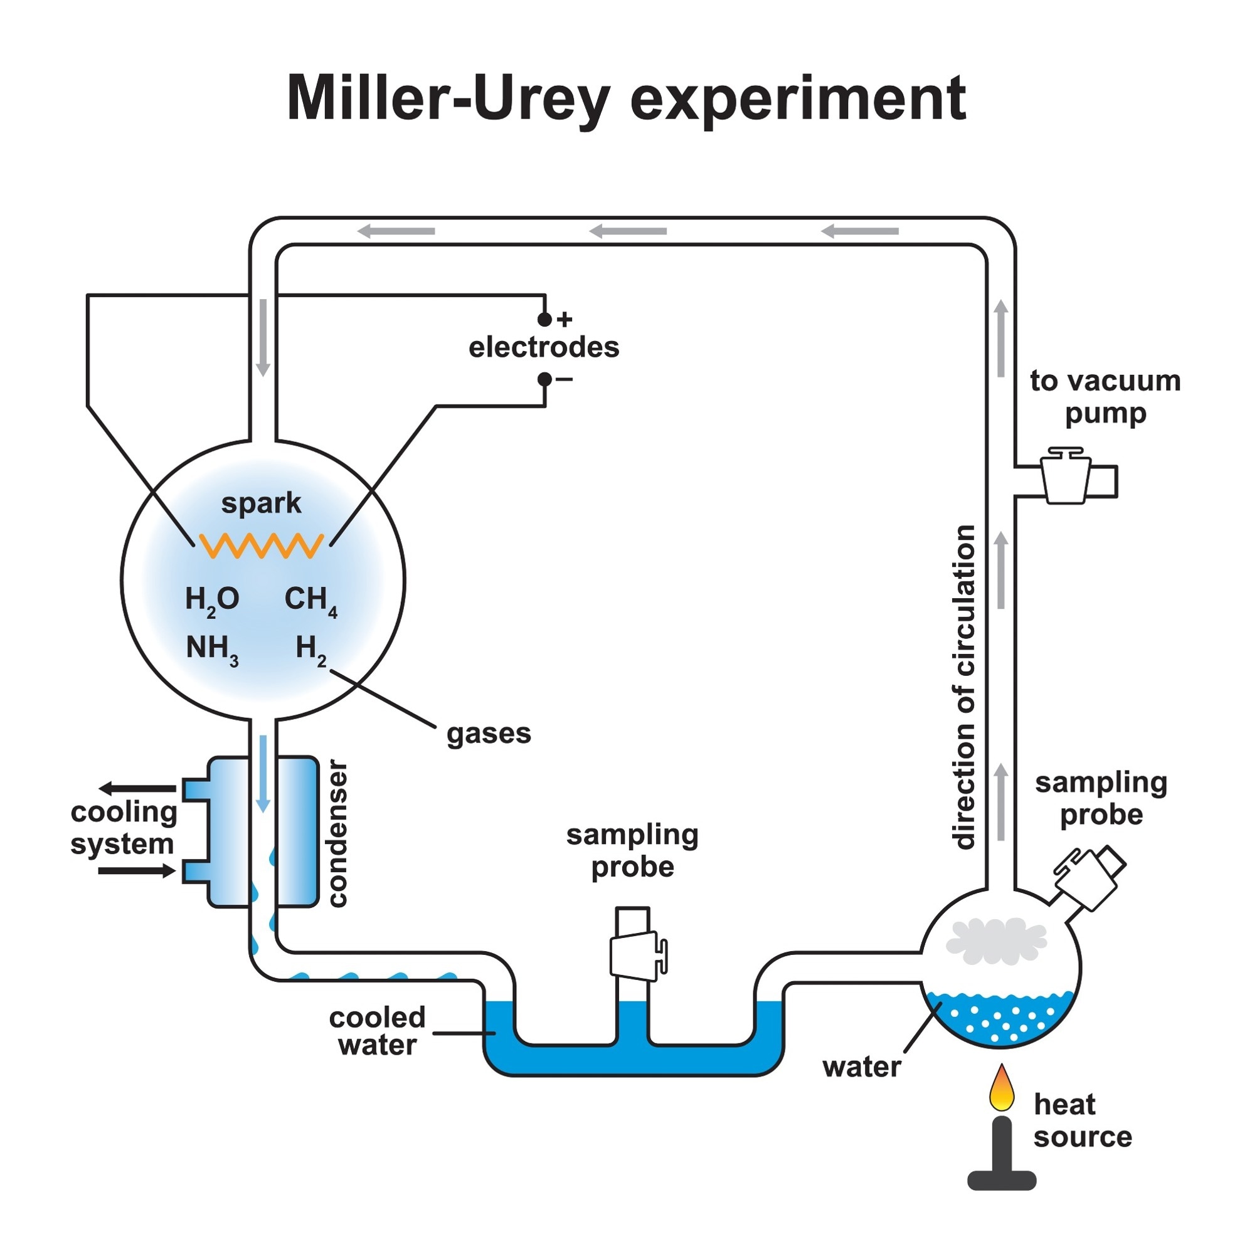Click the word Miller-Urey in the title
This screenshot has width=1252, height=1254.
tap(448, 98)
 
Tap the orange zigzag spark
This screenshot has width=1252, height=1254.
tap(261, 546)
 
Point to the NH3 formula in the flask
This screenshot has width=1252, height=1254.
tap(211, 648)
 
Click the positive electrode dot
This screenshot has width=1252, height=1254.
tap(544, 319)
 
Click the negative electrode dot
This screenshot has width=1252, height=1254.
tap(544, 379)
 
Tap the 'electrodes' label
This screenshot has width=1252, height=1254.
tap(544, 347)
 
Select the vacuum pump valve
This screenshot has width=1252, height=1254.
tap(1065, 477)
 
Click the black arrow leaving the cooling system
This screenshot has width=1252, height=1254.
tap(137, 789)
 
